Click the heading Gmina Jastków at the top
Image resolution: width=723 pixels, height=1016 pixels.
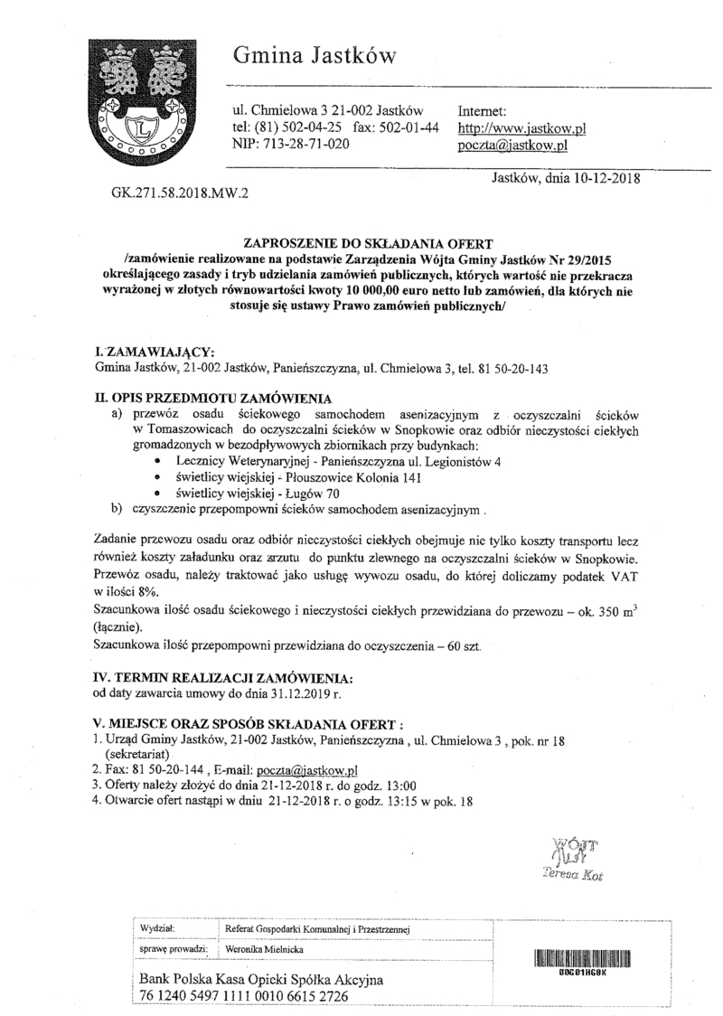click(315, 56)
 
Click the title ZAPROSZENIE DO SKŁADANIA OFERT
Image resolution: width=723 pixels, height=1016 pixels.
click(368, 243)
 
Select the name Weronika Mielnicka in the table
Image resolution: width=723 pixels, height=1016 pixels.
click(265, 949)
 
